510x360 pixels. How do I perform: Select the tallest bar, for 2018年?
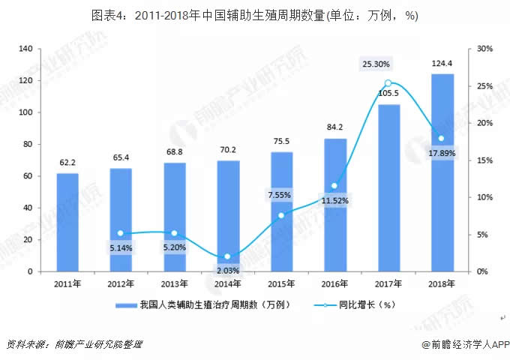(442, 172)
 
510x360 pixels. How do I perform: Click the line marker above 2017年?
(388, 83)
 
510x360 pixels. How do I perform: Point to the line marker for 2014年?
(228, 256)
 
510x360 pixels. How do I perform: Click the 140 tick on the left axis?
(27, 49)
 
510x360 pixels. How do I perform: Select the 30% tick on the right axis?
(484, 49)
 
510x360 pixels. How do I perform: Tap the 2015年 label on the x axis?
(281, 283)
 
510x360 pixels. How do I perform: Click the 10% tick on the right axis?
(484, 197)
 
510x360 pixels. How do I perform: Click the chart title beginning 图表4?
(255, 16)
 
